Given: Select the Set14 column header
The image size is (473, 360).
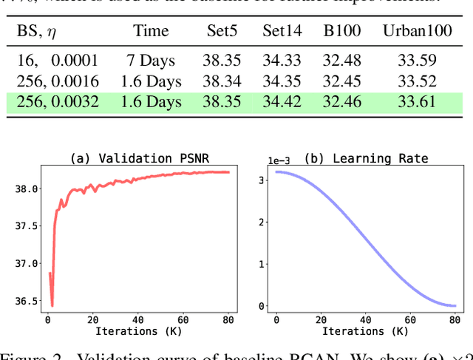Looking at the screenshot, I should [x=282, y=31].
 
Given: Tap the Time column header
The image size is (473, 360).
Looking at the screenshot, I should [x=152, y=31].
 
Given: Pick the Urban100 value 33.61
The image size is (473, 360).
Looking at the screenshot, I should [x=418, y=101].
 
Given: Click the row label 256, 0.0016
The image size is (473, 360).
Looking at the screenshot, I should [x=57, y=81].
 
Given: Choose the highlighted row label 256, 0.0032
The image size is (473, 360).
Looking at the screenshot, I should [x=57, y=101].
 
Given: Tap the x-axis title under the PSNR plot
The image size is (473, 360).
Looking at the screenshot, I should [x=139, y=330].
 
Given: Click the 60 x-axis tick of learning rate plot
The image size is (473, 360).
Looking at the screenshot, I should [x=409, y=319].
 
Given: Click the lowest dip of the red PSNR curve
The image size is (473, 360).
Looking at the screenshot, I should [x=52, y=305].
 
